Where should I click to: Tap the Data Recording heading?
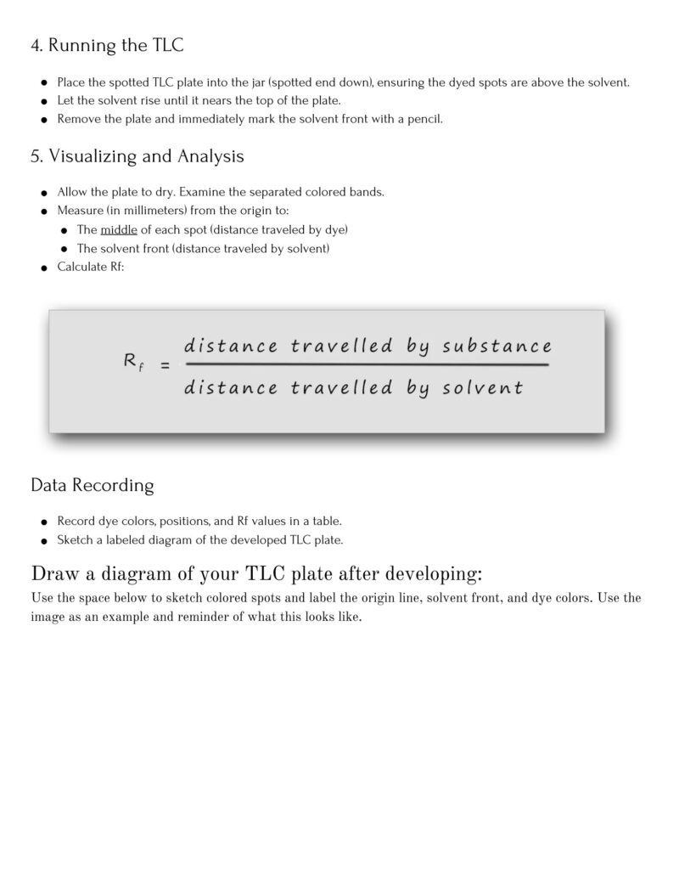point(93,486)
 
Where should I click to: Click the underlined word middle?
point(119,229)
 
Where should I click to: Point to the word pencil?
point(424,119)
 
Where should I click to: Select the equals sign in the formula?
point(165,366)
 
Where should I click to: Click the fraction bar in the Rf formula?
point(366,365)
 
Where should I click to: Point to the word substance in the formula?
point(497,347)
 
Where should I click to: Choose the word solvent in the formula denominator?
point(483,389)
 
